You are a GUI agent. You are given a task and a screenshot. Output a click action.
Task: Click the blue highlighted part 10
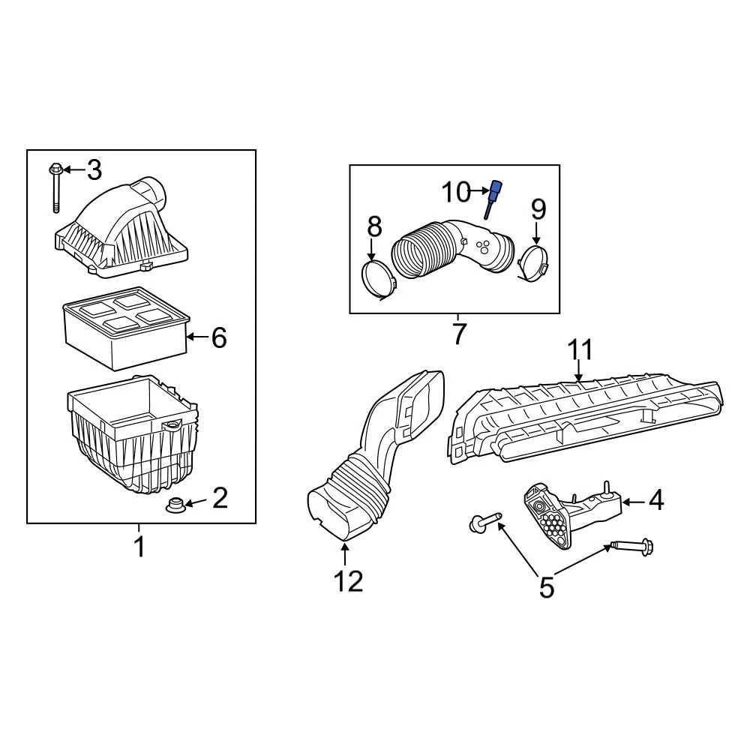[494, 196]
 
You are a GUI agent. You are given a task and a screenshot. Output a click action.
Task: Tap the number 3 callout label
[94, 170]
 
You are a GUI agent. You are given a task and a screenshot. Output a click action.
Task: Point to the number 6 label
[218, 338]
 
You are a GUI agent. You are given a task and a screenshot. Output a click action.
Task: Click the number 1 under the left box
[139, 547]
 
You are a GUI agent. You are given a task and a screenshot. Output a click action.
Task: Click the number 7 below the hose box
[458, 334]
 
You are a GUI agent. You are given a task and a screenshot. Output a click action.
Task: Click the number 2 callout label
[219, 497]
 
